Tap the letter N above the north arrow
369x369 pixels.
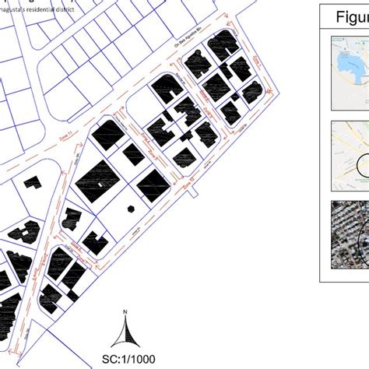[125, 314]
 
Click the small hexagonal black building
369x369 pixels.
[129, 208]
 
